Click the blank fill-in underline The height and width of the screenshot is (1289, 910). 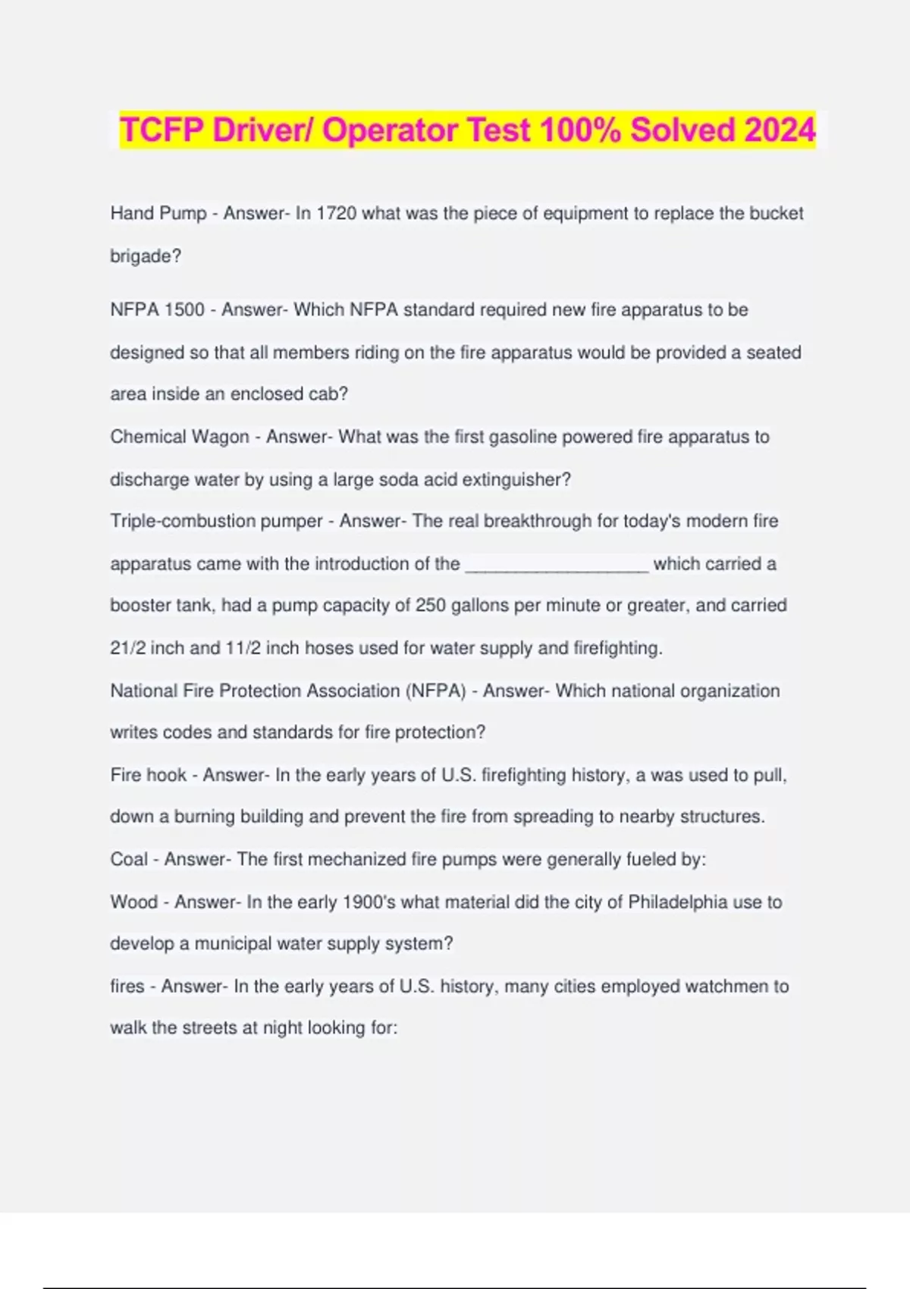point(557,565)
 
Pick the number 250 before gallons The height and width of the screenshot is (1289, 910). point(431,606)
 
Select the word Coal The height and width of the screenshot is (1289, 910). point(129,859)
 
